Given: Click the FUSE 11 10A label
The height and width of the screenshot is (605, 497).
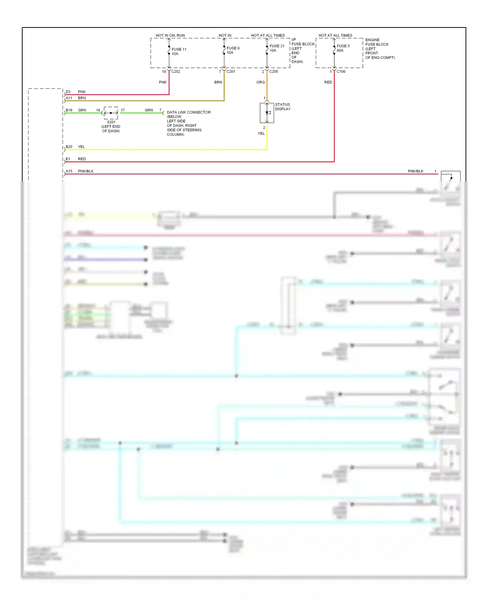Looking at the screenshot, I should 179,52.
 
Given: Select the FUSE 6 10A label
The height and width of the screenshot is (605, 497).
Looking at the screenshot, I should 233,50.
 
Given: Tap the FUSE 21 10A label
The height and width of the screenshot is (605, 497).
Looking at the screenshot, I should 277,48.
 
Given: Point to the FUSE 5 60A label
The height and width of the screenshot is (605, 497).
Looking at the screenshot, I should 343,48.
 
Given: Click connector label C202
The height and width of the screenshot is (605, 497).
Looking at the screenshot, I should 176,71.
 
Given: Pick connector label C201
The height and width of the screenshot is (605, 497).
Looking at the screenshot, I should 231,71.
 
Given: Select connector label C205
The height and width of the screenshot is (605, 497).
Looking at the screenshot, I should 274,71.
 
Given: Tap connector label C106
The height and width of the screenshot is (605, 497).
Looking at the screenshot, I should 341,71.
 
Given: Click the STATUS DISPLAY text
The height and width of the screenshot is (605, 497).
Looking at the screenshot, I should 283,107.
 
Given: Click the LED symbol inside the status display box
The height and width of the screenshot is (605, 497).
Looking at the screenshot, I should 267,113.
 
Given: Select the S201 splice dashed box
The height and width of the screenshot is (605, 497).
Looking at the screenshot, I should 111,113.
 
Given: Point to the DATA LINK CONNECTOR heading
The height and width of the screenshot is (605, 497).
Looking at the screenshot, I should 189,112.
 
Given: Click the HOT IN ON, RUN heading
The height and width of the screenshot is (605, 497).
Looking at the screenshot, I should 170,35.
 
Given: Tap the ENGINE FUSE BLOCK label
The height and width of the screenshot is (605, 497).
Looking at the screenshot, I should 377,42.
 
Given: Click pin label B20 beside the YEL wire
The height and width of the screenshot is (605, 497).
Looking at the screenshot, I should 69,147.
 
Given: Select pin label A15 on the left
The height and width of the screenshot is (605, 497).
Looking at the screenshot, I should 69,171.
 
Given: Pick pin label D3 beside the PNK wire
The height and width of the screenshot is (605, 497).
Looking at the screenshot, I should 68,92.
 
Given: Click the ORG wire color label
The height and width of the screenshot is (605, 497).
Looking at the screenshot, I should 260,82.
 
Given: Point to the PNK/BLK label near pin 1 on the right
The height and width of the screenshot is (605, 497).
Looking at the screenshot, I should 415,171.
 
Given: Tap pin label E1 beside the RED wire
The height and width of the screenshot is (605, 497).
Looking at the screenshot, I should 68,159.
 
